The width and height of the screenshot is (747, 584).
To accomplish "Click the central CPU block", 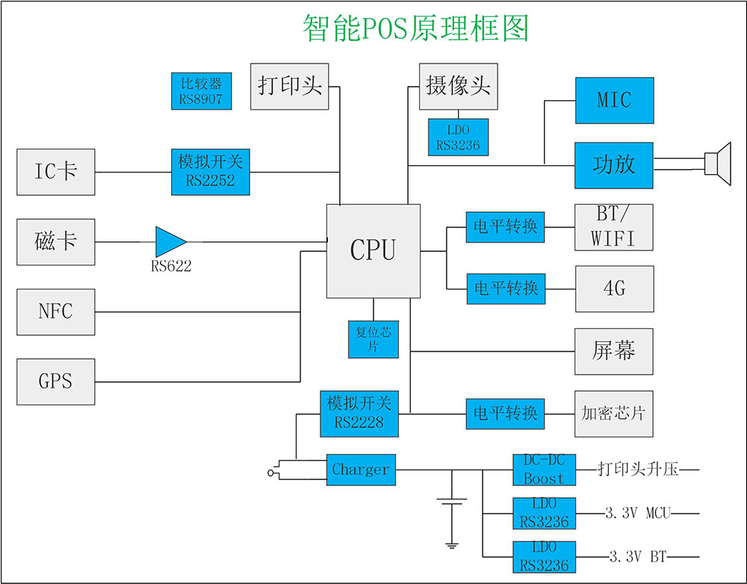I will [373, 250].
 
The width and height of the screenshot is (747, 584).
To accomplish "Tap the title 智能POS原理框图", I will [415, 28].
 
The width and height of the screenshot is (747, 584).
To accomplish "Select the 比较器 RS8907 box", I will [201, 91].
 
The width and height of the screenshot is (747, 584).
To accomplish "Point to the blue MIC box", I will [614, 100].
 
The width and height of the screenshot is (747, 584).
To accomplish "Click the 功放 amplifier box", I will [614, 165].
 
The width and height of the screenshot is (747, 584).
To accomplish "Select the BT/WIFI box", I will [614, 227].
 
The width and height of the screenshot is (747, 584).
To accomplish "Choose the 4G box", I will [614, 289].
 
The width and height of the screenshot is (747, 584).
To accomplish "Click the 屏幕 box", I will [614, 351].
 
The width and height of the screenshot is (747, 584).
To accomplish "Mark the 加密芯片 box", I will [614, 414].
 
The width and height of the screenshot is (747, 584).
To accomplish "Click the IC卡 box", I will [56, 172].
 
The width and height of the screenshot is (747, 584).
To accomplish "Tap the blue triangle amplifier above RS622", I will [170, 242].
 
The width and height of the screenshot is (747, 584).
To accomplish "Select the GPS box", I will [56, 381].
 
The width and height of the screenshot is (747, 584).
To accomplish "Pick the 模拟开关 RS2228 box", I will [359, 414].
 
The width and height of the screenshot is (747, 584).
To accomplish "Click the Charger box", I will [361, 470].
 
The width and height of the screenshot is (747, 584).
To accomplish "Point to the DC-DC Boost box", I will [544, 470].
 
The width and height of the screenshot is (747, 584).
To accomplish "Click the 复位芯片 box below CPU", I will [373, 339].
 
